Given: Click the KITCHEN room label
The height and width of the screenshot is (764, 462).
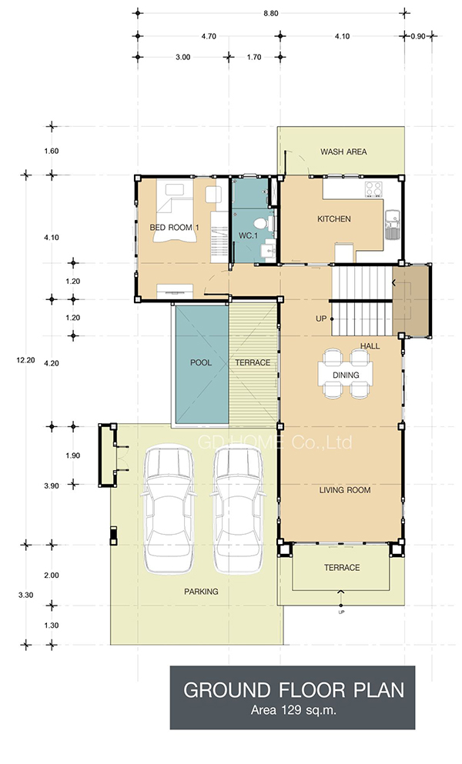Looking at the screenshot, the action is pyautogui.click(x=334, y=219).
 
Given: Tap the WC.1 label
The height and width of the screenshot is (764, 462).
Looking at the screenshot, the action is pyautogui.click(x=248, y=236).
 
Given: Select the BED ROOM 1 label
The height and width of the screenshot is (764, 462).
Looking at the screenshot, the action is pyautogui.click(x=174, y=228).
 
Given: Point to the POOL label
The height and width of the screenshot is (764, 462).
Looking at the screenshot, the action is pyautogui.click(x=201, y=362).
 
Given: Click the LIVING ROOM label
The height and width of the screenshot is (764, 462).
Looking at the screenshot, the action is pyautogui.click(x=345, y=490).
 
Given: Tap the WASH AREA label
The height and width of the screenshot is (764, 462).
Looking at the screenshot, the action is pyautogui.click(x=343, y=152).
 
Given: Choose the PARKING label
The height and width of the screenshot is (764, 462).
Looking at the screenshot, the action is pyautogui.click(x=201, y=592).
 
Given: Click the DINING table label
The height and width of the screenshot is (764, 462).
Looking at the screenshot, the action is pyautogui.click(x=346, y=375).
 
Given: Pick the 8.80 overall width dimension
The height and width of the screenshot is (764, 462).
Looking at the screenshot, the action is pyautogui.click(x=271, y=14).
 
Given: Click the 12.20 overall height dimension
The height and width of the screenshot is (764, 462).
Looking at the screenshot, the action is pyautogui.click(x=26, y=361).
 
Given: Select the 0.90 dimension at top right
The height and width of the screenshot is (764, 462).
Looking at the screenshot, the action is pyautogui.click(x=418, y=36).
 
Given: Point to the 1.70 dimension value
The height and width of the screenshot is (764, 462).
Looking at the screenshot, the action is pyautogui.click(x=254, y=57).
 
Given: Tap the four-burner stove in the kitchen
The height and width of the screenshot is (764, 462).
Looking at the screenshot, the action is pyautogui.click(x=374, y=189).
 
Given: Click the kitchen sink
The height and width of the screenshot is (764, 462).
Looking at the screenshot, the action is pyautogui.click(x=392, y=224).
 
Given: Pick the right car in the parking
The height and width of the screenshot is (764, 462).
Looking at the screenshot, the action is pyautogui.click(x=239, y=510).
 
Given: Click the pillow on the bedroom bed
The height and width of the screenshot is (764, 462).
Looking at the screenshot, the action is pyautogui.click(x=173, y=189).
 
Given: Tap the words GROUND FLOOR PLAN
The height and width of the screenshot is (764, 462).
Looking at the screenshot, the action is pyautogui.click(x=293, y=690).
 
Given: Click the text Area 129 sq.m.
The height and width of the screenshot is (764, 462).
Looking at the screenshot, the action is pyautogui.click(x=293, y=710).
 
